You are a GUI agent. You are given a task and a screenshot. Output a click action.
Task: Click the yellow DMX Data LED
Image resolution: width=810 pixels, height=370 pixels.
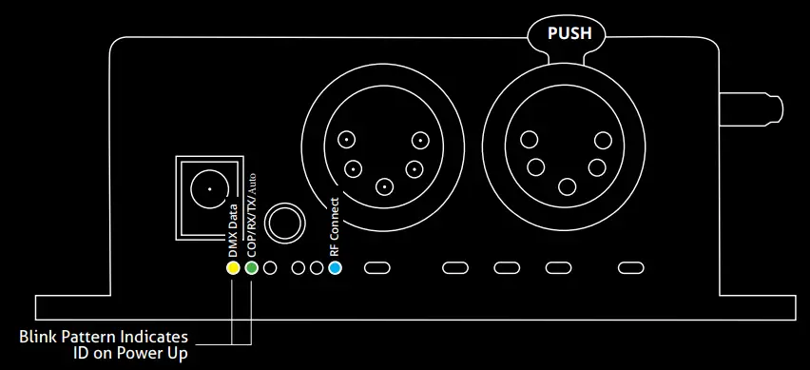click(x=232, y=267)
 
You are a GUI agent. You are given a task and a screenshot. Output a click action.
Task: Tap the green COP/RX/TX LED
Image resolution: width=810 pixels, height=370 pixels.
click(x=251, y=267)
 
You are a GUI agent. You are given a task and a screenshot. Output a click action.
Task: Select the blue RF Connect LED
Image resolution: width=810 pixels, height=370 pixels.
click(x=334, y=267)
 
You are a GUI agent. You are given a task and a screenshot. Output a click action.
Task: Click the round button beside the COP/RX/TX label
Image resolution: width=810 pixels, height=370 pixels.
click(x=284, y=224)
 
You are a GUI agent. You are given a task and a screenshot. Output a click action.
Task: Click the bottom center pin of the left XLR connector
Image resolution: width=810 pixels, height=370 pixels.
click(x=384, y=187)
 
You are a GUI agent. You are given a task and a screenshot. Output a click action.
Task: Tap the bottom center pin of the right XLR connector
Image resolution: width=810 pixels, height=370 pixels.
click(x=568, y=187)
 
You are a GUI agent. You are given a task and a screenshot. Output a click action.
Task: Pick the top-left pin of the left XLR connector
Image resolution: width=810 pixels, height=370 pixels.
click(x=349, y=140)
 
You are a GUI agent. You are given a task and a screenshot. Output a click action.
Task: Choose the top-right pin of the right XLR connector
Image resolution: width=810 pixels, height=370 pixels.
click(x=603, y=141)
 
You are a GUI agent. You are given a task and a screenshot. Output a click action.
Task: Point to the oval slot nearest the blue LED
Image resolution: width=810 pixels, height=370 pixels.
click(x=376, y=267)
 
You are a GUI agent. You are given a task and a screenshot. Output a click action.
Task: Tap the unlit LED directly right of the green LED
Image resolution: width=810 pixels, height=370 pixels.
click(x=270, y=267)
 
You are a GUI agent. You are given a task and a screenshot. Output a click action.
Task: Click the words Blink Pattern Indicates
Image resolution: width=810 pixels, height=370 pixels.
click(x=104, y=338)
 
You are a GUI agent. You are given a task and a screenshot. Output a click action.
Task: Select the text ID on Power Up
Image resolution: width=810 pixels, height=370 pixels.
click(x=130, y=354)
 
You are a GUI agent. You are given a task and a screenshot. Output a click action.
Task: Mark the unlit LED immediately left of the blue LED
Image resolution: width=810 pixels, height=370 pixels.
click(x=317, y=267)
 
